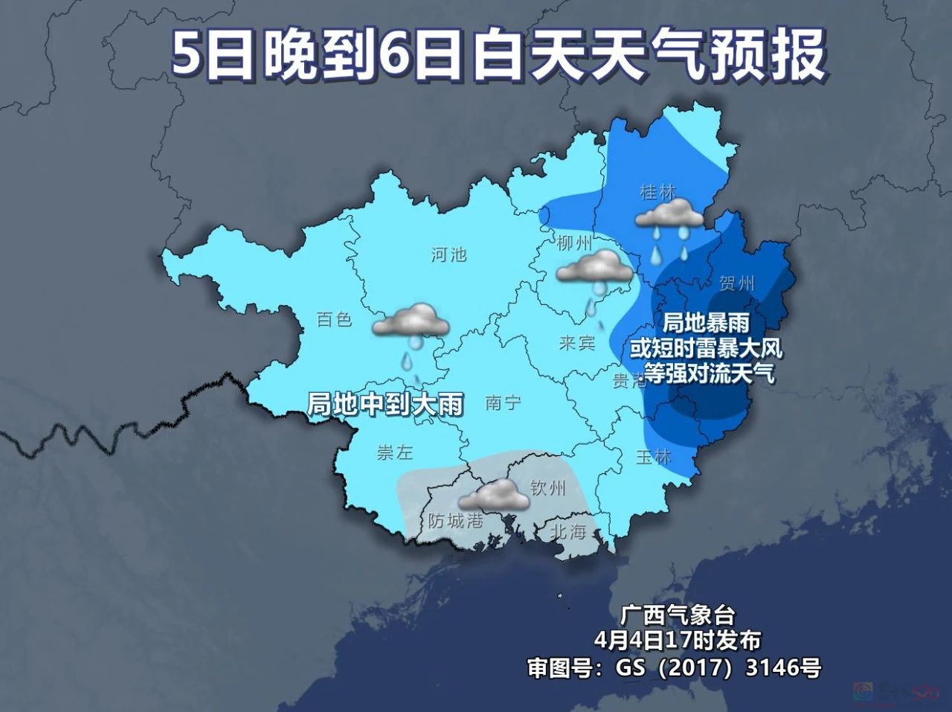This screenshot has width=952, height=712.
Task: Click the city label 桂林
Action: click(658, 192)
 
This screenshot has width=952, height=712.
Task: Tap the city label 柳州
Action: click(575, 243)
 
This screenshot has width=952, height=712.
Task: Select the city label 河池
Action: click(449, 254)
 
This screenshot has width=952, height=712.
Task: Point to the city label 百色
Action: click(334, 319)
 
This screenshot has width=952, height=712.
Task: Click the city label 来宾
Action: click(577, 343)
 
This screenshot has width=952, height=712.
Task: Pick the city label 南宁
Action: click(503, 403)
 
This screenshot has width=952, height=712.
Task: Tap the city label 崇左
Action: click(395, 452)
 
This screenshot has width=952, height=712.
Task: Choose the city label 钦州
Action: click(548, 488)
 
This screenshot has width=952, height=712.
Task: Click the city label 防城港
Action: click(456, 520)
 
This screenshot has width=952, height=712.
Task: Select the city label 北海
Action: click(568, 531)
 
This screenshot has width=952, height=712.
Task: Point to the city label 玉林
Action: click(654, 458)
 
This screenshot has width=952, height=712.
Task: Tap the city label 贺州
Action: click(737, 283)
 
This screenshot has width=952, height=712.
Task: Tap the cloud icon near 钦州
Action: click(495, 495)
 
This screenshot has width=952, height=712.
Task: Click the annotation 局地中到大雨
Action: click(385, 404)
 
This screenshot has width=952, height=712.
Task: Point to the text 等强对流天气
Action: click(709, 373)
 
